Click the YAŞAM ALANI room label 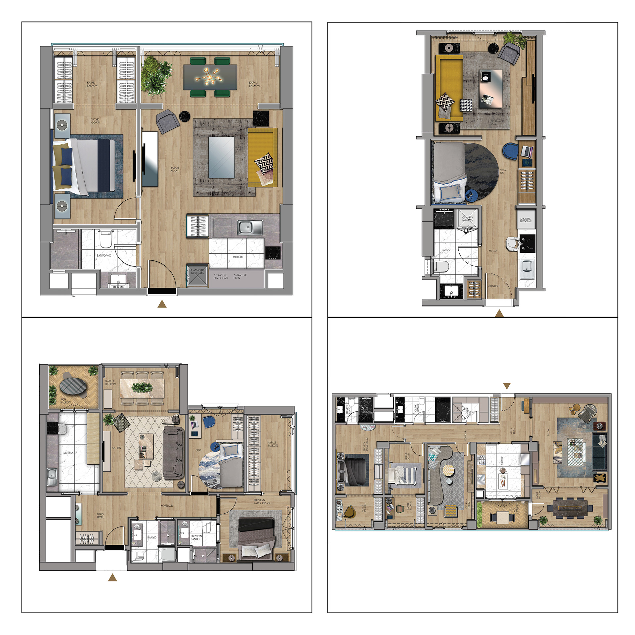[174, 169]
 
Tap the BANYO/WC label [104, 255]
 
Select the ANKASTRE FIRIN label [240, 276]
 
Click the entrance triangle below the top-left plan [162, 304]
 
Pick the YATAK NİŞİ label [503, 172]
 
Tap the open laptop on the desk [526, 151]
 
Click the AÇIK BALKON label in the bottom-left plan [65, 401]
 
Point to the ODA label [198, 450]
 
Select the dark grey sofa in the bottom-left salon [174, 452]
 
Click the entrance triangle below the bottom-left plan [112, 577]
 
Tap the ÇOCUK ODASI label [408, 456]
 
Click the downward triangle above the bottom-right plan [507, 386]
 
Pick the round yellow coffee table [448, 469]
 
